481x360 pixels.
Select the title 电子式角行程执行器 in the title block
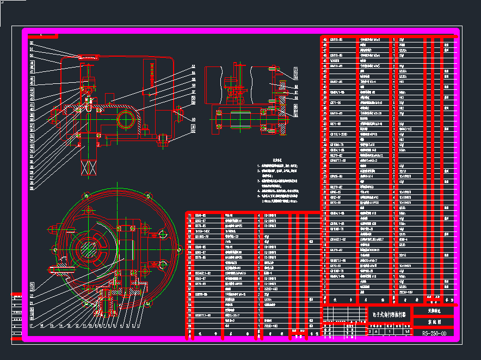click(x=390, y=315)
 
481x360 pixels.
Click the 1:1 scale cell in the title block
click(x=406, y=331)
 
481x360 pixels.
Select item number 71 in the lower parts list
click(x=190, y=215)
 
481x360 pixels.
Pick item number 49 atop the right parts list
click(x=325, y=40)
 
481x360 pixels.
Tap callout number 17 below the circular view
click(x=30, y=326)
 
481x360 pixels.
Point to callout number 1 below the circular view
click(x=141, y=326)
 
